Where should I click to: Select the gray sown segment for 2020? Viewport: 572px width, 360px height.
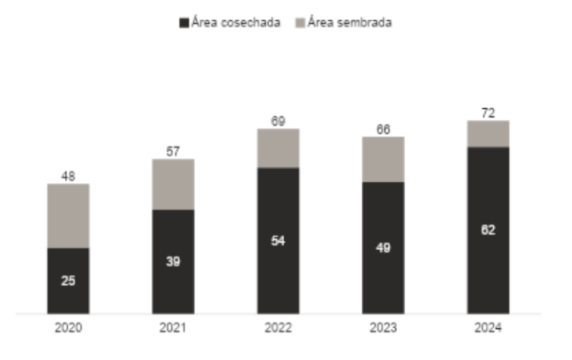[69, 215]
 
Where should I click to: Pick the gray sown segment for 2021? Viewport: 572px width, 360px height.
[173, 184]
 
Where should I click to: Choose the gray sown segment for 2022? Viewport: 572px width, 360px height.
[278, 147]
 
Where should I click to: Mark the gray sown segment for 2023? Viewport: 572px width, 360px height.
[383, 159]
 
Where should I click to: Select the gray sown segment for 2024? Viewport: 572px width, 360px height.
[488, 134]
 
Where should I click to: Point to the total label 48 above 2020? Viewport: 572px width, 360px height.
[69, 176]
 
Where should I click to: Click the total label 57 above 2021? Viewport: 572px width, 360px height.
[173, 151]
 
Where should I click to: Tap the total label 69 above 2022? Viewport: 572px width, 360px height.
[278, 120]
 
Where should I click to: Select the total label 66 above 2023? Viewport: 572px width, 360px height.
[383, 129]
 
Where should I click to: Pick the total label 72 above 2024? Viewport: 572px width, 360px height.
[488, 112]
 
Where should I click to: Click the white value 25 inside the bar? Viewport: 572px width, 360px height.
[69, 280]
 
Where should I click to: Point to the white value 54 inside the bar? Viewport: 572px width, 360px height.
[278, 240]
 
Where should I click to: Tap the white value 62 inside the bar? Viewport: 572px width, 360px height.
[488, 230]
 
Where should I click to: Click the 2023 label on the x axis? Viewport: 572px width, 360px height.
[383, 328]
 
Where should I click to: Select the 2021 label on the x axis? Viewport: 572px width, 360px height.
[173, 328]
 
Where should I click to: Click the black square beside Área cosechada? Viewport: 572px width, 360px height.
[183, 23]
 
